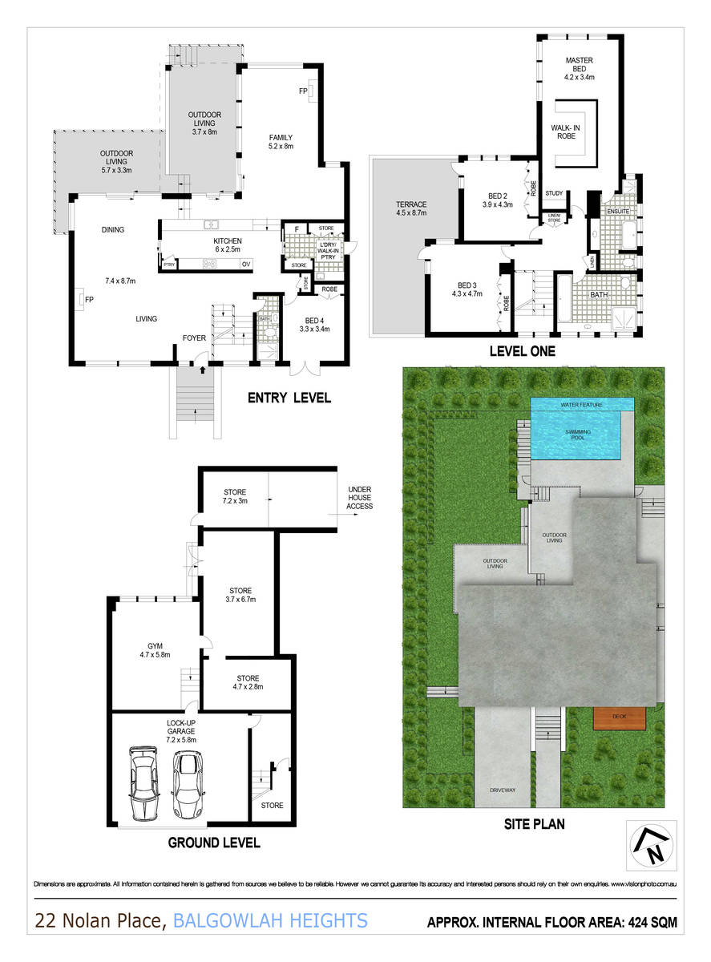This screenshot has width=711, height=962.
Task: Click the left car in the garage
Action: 143,782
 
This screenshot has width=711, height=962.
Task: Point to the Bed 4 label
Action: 311,323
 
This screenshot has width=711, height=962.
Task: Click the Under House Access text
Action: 360,497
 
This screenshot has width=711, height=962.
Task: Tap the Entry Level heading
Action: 289,398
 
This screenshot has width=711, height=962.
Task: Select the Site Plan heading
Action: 535,823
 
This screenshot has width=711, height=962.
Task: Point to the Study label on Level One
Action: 554,193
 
